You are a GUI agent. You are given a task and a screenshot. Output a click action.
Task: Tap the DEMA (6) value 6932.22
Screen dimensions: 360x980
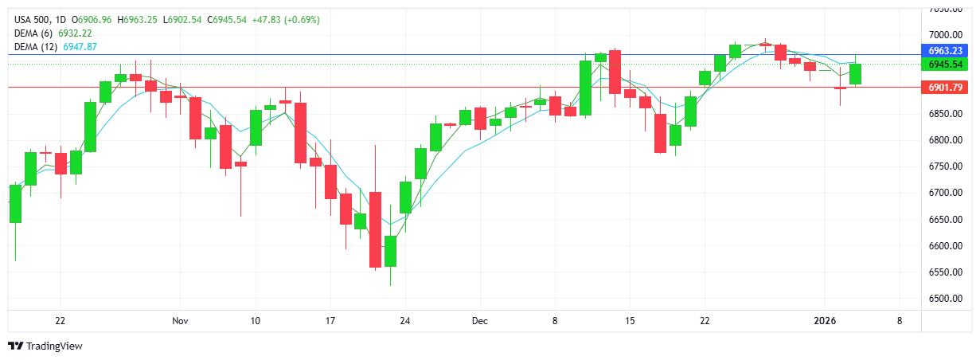(69, 33)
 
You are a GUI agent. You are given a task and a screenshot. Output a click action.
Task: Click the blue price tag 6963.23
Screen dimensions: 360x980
(946, 49)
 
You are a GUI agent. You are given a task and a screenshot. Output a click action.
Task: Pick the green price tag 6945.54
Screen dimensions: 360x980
(946, 64)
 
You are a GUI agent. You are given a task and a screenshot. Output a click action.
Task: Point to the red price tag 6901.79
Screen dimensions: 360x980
(946, 88)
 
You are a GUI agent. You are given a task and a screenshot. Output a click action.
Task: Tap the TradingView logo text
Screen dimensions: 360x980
(54, 346)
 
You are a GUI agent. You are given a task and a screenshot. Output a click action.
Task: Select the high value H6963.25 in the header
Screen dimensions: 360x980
(139, 19)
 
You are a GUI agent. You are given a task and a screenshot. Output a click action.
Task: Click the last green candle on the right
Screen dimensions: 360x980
(855, 74)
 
